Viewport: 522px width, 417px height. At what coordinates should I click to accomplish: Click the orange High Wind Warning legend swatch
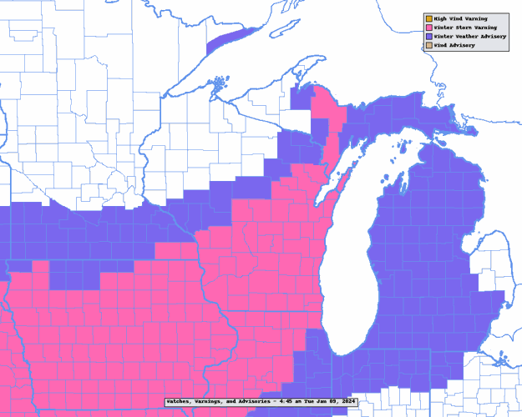[428, 18]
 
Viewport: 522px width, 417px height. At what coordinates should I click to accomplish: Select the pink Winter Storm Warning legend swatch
[428, 28]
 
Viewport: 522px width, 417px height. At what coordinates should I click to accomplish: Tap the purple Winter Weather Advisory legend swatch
[428, 37]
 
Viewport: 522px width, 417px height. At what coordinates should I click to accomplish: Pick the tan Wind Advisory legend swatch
[428, 45]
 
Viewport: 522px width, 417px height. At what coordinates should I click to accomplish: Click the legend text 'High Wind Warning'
[460, 18]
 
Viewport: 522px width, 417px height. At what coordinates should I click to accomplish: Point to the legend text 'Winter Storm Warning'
[464, 28]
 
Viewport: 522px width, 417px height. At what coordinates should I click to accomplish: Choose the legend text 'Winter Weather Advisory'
[469, 37]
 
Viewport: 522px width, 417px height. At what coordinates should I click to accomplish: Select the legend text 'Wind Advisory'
[454, 45]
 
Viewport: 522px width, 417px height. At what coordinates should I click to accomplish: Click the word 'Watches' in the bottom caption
[180, 401]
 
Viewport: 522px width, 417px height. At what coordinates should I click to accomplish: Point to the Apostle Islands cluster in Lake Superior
[219, 83]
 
